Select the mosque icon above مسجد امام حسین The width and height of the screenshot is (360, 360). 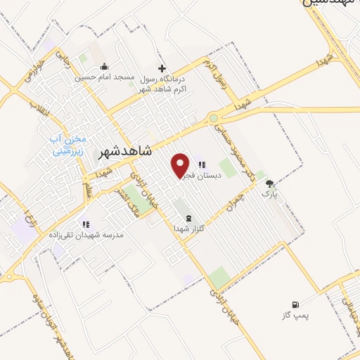pyautogui.click(x=113, y=67)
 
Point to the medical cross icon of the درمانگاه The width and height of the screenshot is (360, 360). pyautogui.click(x=162, y=68)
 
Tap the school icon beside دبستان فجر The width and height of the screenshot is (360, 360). pyautogui.click(x=201, y=164)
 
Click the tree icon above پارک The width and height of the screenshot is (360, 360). pyautogui.click(x=269, y=184)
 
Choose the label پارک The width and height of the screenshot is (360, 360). pyautogui.click(x=270, y=193)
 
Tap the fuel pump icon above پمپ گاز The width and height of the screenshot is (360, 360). pyautogui.click(x=295, y=304)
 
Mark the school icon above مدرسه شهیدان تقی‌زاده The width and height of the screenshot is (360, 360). pyautogui.click(x=85, y=224)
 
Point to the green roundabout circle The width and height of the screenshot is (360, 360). pyautogui.click(x=213, y=118)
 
